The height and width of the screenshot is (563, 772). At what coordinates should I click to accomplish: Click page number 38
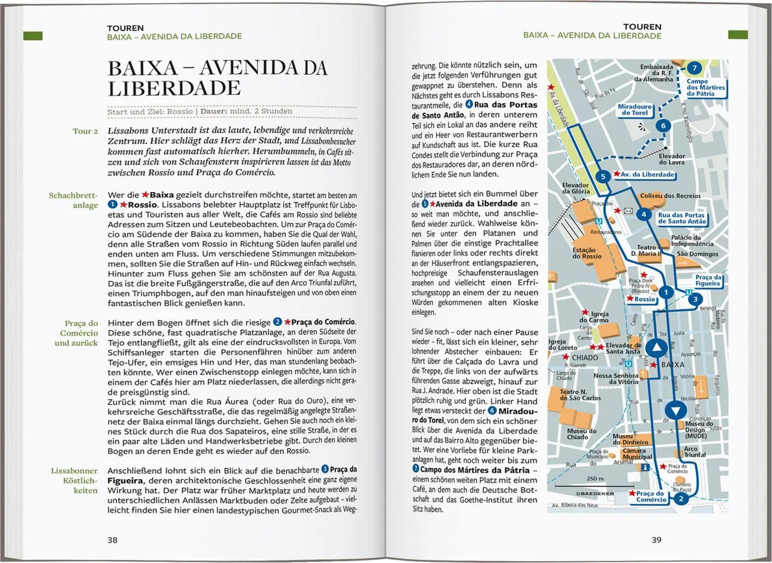[112, 540]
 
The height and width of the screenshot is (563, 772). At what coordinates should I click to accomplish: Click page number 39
[656, 540]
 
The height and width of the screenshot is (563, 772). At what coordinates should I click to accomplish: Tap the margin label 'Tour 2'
[85, 131]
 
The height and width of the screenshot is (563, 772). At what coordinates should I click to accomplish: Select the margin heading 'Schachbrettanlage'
[73, 200]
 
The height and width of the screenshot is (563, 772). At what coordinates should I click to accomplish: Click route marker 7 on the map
[694, 68]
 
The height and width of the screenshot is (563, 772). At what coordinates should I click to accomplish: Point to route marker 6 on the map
[663, 126]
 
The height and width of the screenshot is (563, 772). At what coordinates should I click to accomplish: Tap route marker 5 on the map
[603, 177]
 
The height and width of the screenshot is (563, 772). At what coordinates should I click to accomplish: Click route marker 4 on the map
[643, 215]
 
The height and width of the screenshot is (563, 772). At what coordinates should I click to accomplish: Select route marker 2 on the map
[681, 498]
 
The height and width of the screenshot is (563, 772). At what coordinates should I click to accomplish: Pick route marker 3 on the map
[695, 299]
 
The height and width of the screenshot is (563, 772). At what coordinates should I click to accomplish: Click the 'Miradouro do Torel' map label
[635, 110]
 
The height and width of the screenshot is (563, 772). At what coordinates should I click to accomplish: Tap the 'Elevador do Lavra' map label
[672, 159]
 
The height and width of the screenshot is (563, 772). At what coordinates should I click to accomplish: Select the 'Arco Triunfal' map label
[694, 452]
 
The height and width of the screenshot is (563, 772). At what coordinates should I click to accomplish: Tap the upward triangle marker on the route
[656, 349]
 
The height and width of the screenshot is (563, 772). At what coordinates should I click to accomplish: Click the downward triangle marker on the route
[675, 411]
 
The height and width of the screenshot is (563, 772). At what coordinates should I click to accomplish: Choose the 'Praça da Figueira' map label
[708, 280]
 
